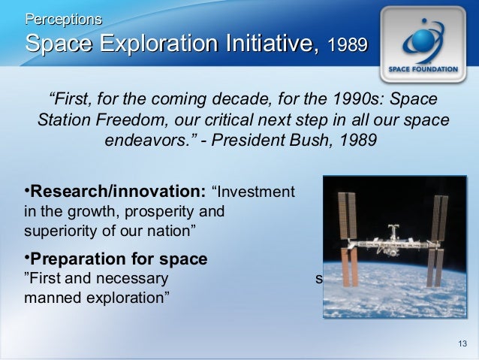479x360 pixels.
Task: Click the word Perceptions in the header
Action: click(x=64, y=17)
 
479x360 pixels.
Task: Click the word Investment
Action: click(x=255, y=192)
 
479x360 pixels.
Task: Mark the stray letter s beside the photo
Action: click(x=319, y=278)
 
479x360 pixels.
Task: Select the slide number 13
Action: click(x=462, y=344)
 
